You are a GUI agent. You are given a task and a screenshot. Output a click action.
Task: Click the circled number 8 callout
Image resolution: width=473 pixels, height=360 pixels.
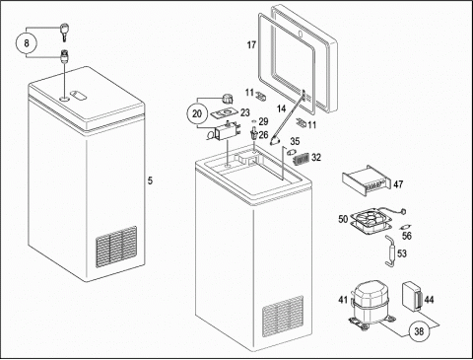[27, 43]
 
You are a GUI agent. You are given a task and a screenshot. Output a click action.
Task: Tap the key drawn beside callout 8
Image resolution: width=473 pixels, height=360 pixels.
[64, 33]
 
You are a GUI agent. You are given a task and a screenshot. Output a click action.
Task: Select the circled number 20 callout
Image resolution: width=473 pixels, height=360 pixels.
[196, 113]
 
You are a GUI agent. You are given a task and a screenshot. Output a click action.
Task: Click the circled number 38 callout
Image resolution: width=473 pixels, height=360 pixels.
[419, 331]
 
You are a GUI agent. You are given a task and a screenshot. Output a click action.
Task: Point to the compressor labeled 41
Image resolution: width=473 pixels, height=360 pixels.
[371, 305]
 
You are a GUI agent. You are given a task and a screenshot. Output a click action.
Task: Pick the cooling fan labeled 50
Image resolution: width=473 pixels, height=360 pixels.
[372, 222]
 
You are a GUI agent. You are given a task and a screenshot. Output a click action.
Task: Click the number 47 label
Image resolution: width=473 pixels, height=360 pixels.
[398, 184]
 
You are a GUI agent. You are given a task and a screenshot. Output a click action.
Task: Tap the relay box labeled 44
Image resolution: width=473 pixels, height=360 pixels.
[412, 296]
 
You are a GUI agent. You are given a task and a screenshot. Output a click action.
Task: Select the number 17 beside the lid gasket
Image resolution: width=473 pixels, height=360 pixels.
[251, 44]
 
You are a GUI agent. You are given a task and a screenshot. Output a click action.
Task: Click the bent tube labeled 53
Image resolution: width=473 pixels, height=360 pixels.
[391, 251]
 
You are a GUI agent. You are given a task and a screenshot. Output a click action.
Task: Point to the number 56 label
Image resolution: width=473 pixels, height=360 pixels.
[407, 236]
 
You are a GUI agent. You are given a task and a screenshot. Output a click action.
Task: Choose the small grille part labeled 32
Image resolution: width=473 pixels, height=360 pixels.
[302, 159]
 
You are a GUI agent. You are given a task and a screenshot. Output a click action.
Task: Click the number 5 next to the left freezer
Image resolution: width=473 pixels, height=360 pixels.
[150, 180]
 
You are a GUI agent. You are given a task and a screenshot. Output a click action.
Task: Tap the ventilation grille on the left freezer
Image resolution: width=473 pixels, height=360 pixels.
[116, 247]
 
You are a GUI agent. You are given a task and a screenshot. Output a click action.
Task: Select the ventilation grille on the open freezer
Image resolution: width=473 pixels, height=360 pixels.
[283, 317]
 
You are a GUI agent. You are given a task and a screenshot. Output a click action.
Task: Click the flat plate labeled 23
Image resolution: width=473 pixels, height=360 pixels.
[225, 113]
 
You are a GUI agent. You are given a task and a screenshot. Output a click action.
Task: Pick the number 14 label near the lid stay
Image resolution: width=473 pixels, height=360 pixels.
[282, 108]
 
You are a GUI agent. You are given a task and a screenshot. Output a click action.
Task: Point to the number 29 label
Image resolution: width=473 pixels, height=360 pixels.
[263, 121]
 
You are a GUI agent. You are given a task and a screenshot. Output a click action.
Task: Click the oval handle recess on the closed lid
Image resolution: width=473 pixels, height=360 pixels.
[79, 95]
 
